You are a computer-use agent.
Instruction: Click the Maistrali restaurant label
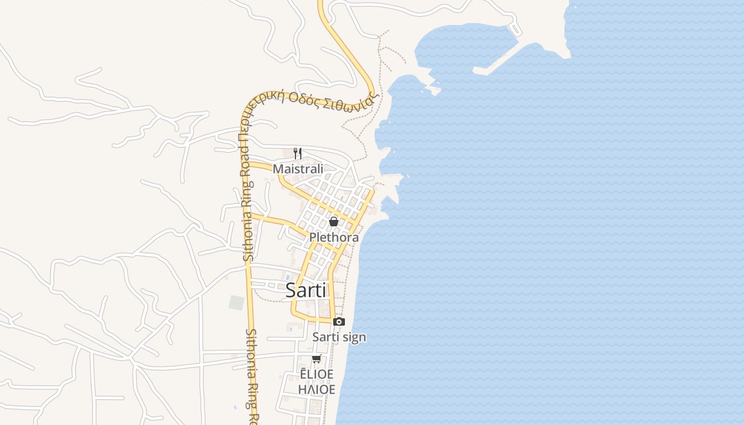(x=298, y=169)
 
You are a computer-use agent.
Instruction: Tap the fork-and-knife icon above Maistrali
(x=298, y=153)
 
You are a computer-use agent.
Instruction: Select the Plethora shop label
(x=334, y=237)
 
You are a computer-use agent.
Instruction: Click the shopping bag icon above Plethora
(x=334, y=222)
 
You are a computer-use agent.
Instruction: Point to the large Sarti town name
(x=306, y=290)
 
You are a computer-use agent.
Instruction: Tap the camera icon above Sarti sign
(x=339, y=321)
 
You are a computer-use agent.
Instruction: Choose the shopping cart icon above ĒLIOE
(x=317, y=359)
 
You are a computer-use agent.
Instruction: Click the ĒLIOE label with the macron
(x=317, y=374)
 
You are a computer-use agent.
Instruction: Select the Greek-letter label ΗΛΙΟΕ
(x=317, y=389)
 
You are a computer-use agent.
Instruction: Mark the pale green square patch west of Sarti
(x=236, y=303)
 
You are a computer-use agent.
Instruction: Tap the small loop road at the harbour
(x=515, y=29)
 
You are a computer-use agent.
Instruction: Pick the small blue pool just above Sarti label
(x=288, y=277)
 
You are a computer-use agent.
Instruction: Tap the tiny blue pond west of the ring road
(x=235, y=407)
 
